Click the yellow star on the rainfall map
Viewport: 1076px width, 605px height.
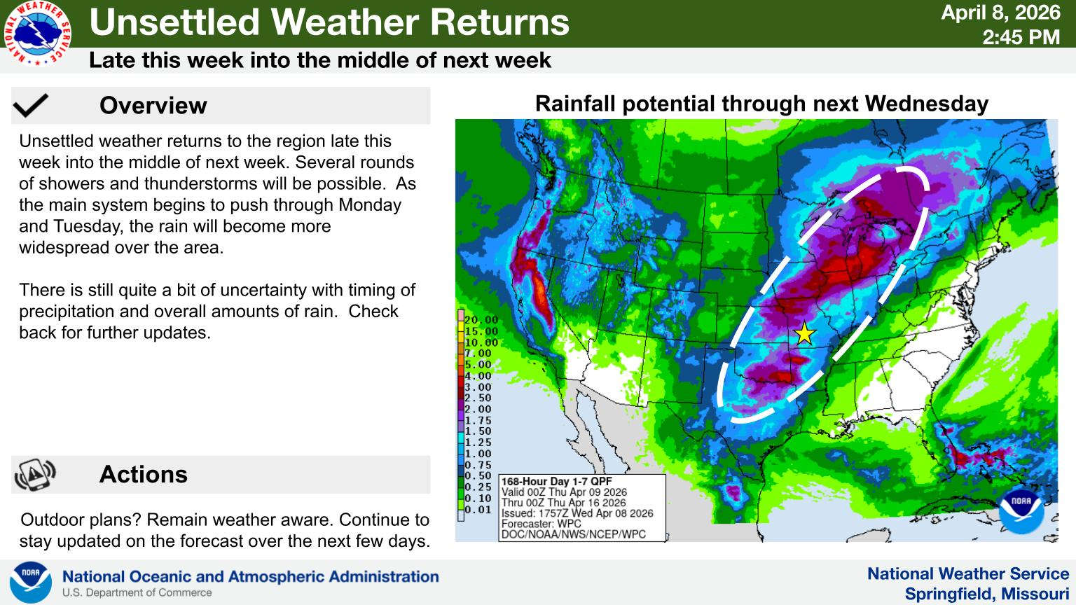(805, 334)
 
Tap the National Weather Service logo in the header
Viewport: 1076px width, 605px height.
(38, 33)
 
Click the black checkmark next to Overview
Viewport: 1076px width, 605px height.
(31, 106)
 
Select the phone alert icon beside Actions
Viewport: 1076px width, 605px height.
(35, 474)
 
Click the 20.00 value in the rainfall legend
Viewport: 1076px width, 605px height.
(481, 320)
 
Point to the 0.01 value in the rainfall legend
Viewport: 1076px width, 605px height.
(478, 510)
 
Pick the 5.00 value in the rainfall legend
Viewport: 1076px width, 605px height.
(478, 364)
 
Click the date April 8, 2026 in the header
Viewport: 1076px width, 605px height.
(1000, 13)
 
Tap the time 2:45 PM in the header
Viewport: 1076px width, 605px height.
(1021, 37)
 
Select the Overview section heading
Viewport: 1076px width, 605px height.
(153, 106)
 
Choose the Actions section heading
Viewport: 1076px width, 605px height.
(144, 474)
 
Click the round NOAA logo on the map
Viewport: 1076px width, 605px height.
(1021, 511)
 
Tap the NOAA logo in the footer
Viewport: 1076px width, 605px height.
(31, 582)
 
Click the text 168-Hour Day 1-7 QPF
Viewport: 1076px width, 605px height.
(557, 482)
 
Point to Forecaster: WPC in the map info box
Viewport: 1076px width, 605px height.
(542, 524)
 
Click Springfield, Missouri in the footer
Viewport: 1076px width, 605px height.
(987, 594)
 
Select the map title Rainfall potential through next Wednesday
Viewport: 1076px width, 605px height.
(762, 104)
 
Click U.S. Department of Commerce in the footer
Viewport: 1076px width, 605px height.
(137, 593)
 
